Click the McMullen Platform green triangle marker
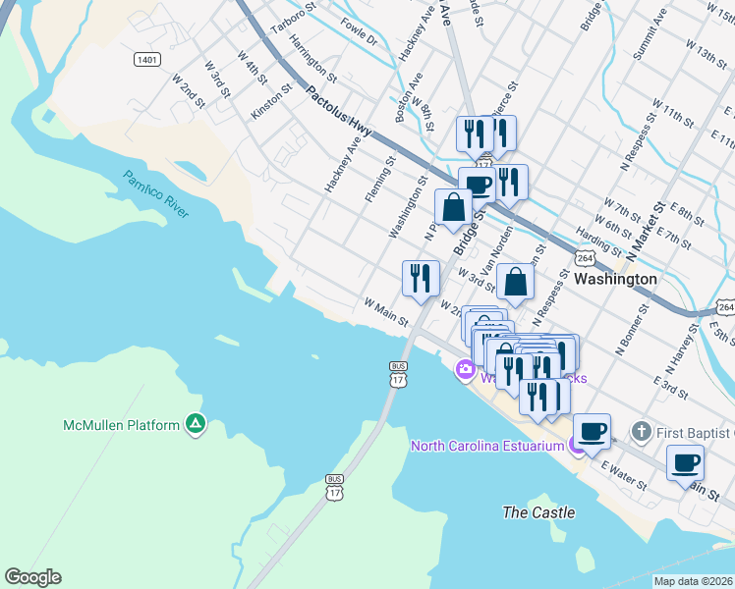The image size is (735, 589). point(197,424)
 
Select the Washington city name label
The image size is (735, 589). point(616,279)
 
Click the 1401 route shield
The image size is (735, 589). point(147,60)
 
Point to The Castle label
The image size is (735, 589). point(537,512)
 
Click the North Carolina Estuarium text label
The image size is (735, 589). point(487,446)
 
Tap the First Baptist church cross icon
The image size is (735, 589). point(641,431)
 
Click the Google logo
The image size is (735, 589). point(32,577)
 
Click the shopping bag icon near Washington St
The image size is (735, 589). point(454,208)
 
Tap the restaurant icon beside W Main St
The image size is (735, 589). point(421,279)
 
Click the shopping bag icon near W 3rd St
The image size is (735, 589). point(515,283)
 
